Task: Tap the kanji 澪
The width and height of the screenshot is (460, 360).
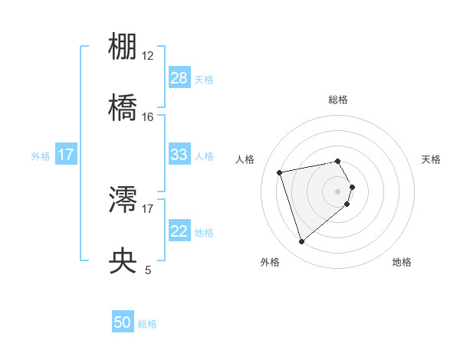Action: [x=123, y=201]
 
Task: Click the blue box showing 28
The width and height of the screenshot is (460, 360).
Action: [x=179, y=78]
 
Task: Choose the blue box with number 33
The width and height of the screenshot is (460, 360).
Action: [x=179, y=155]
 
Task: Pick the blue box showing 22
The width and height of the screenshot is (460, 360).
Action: [x=179, y=231]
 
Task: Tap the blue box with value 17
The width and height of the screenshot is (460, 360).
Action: [x=66, y=155]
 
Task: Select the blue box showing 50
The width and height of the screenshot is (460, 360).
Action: [x=123, y=323]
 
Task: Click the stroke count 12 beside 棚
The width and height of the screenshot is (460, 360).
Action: [x=148, y=56]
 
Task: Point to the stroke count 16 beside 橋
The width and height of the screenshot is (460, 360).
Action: [x=148, y=116]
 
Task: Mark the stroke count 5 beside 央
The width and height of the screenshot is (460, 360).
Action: [x=148, y=270]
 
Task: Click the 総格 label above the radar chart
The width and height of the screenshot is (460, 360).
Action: [x=338, y=100]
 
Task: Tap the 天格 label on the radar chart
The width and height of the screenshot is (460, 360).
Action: [x=432, y=159]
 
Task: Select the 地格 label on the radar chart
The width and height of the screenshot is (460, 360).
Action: [x=402, y=263]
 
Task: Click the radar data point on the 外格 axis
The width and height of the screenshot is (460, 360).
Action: [x=301, y=241]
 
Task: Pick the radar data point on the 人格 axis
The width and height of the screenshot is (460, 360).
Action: [x=280, y=172]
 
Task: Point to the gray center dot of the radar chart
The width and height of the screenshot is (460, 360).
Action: [x=338, y=191]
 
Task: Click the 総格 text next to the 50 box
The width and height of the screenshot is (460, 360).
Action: [x=147, y=324]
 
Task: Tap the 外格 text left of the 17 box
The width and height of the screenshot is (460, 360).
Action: [x=41, y=155]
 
